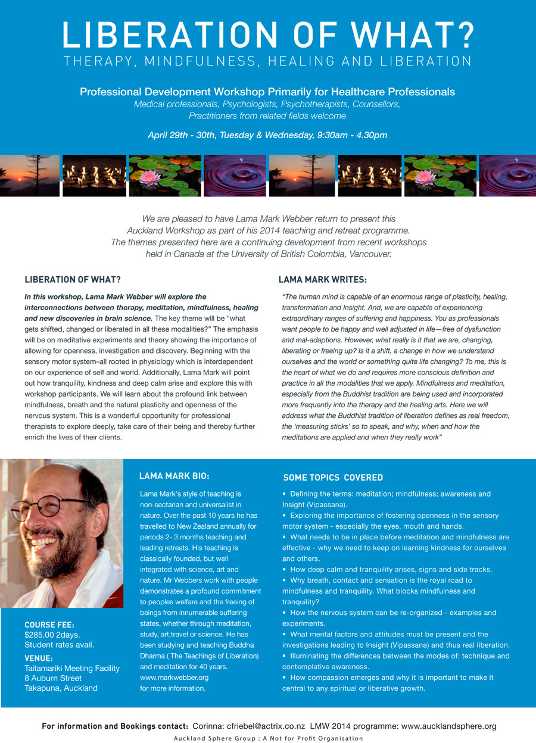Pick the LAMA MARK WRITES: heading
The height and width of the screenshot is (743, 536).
coord(322,279)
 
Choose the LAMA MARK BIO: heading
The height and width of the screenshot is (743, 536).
coord(174,476)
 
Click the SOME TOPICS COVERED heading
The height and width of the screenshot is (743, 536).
coord(333,477)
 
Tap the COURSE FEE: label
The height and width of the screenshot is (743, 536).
coord(49,625)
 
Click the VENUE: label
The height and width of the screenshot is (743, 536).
coord(39,658)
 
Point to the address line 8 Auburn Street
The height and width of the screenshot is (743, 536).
coord(53,678)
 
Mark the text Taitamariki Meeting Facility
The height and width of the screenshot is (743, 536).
coord(72,668)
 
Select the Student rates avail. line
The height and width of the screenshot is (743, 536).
coord(59,645)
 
